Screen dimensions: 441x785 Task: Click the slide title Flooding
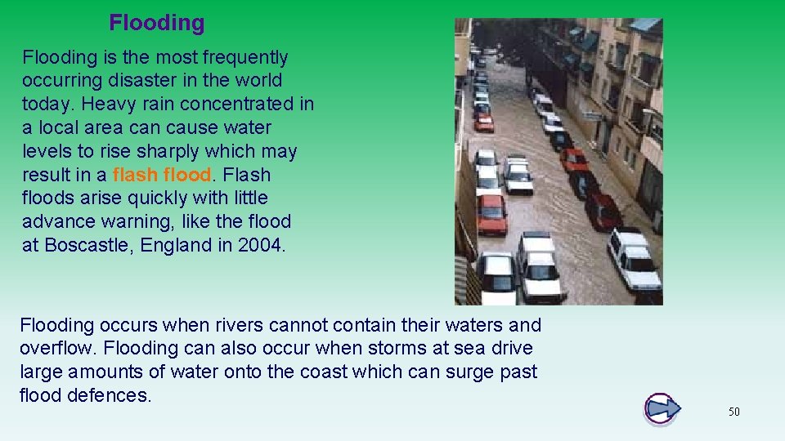coord(156,23)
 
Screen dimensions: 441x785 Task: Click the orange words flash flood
coord(162,175)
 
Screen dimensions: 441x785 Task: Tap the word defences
coord(108,396)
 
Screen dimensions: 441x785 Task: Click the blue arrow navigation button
coord(662,408)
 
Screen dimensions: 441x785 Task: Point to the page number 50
coord(733,412)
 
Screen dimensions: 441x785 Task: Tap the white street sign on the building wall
coord(591,116)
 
